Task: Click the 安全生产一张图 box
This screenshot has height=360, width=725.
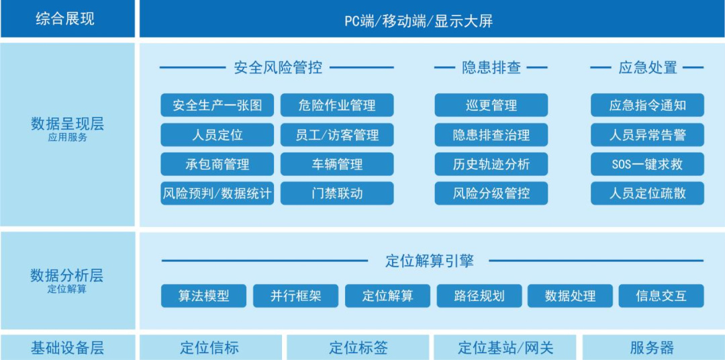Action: point(217,105)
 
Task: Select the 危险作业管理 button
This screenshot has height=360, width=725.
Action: point(337,105)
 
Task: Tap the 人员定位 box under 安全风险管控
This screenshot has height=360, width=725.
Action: point(217,135)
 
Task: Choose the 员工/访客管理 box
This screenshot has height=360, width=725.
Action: point(337,135)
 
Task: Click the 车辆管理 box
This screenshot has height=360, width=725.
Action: point(337,164)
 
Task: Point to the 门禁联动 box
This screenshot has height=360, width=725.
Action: point(337,193)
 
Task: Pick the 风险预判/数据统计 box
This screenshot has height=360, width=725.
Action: point(217,193)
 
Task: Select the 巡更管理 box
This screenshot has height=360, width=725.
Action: point(491,105)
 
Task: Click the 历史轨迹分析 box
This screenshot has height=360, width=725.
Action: point(491,164)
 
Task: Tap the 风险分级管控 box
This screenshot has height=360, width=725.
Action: point(491,193)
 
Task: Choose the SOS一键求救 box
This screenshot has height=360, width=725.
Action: point(647,164)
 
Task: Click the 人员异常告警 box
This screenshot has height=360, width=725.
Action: point(647,135)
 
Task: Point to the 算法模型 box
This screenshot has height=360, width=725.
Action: point(203,296)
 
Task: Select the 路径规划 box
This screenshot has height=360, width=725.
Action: point(479,296)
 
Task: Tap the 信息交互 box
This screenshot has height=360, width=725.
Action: point(661,296)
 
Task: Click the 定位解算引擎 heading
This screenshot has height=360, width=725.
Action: point(430,261)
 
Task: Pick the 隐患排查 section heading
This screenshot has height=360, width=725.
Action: point(491,67)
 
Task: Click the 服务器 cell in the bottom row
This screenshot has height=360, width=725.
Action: point(652,348)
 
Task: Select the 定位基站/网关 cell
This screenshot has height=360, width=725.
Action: point(505,348)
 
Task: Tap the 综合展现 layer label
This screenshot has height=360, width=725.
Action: point(65,19)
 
